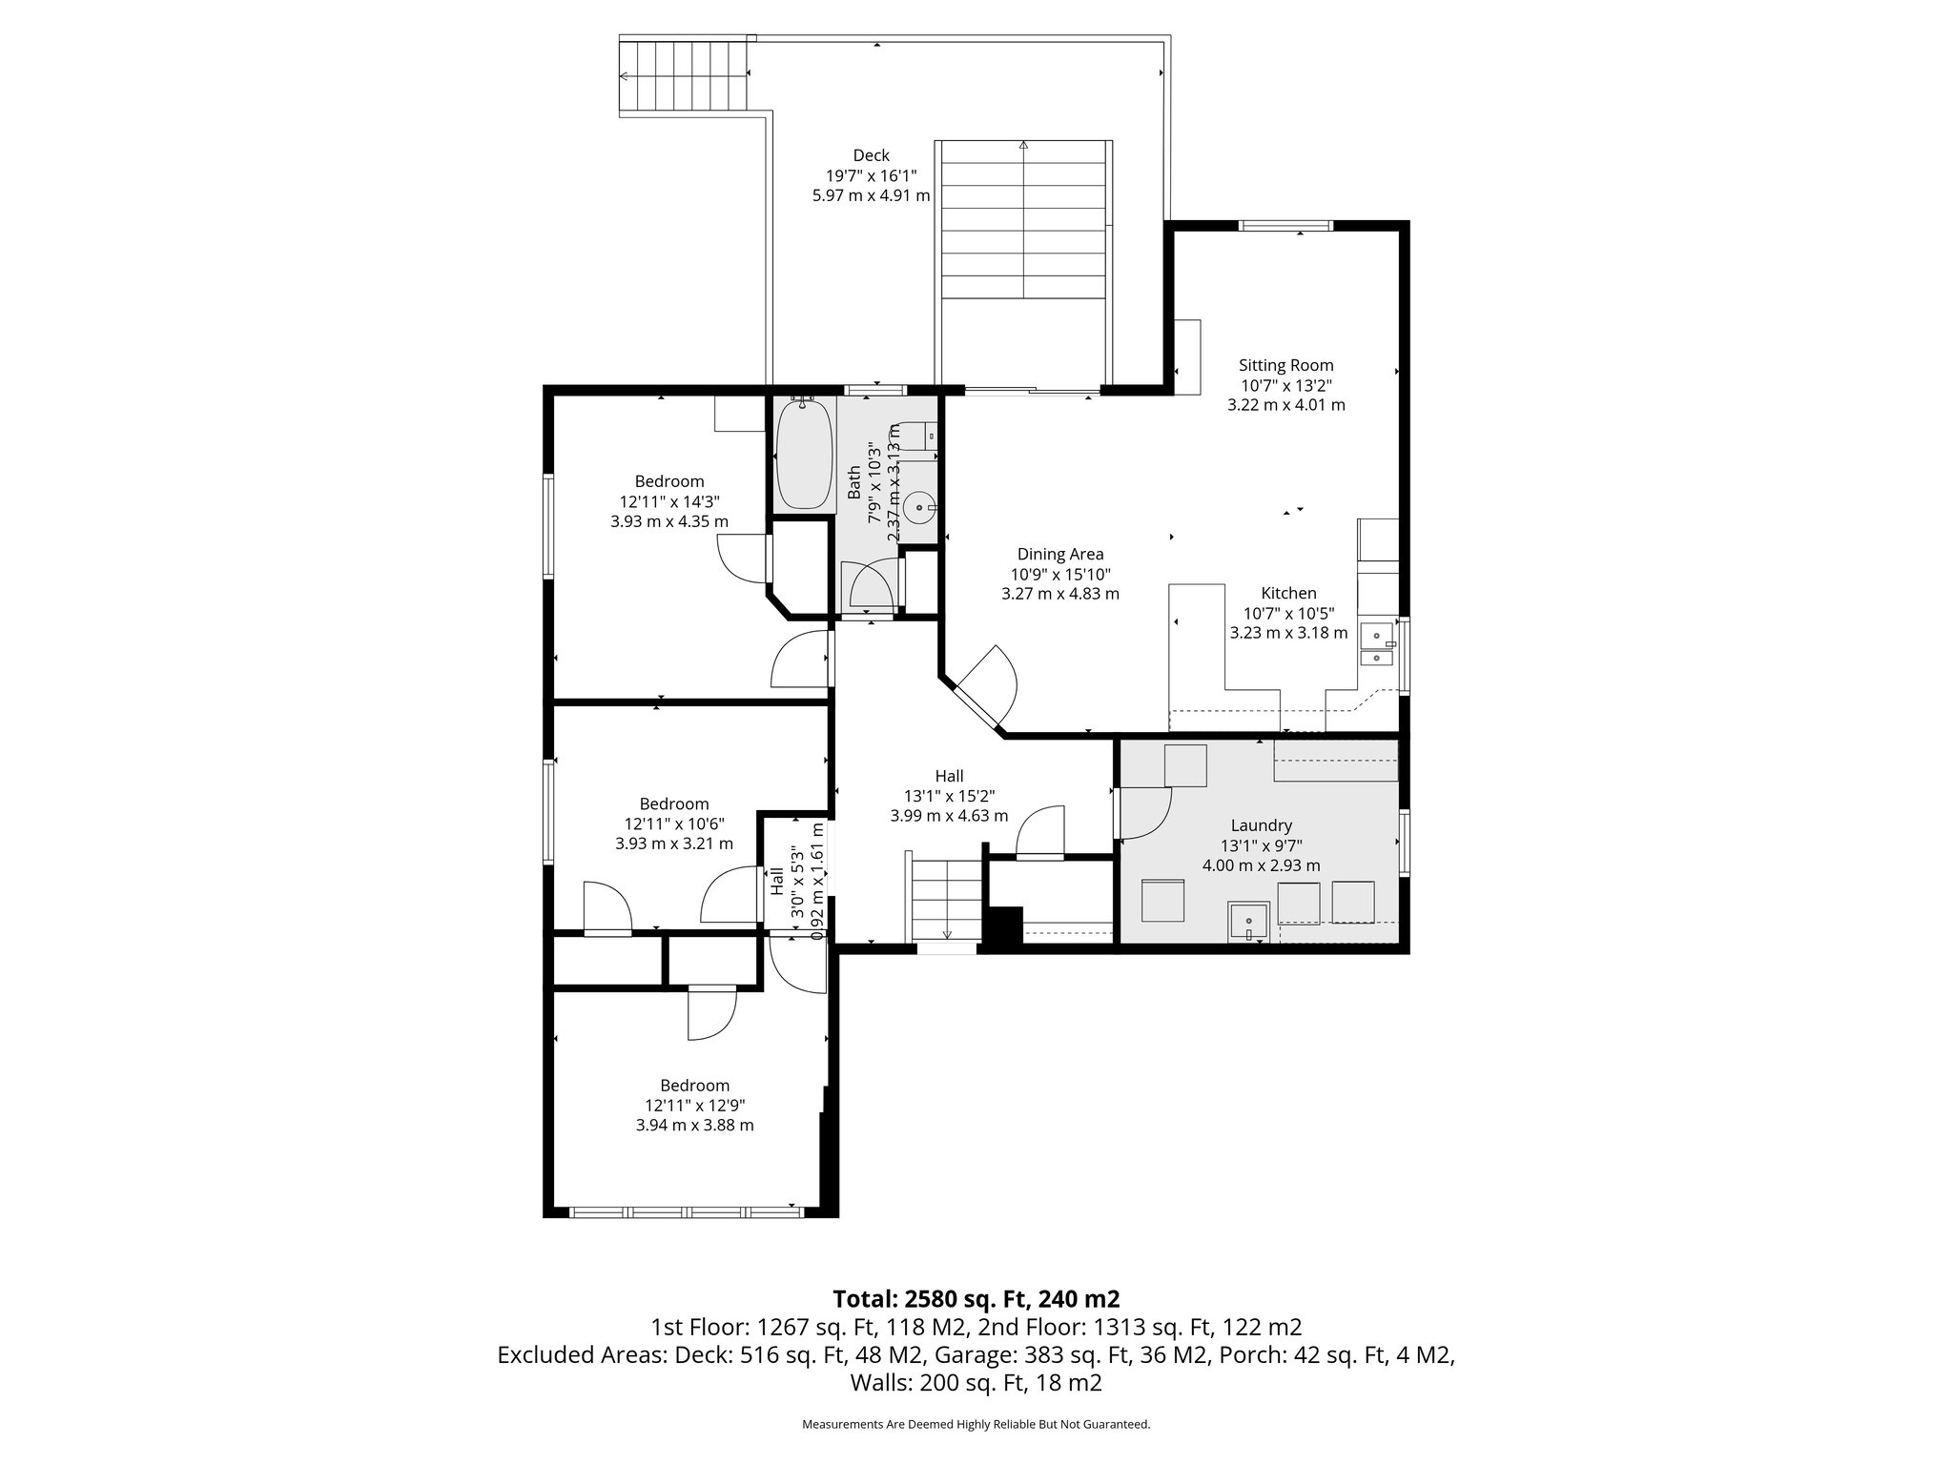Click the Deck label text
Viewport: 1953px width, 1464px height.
[x=871, y=155]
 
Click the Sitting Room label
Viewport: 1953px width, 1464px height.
[x=1285, y=365]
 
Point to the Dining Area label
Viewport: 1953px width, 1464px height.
[x=1060, y=554]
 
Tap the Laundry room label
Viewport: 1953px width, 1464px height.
[x=1261, y=825]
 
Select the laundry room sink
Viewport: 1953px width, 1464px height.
[x=1248, y=921]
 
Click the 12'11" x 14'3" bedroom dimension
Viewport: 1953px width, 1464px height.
[x=669, y=501]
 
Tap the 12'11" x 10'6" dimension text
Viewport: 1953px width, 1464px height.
[x=673, y=823]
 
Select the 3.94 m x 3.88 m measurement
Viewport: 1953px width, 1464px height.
[x=694, y=1125]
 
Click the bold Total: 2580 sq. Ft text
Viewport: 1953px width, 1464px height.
[x=976, y=1298]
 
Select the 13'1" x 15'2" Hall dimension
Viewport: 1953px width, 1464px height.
[x=949, y=796]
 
